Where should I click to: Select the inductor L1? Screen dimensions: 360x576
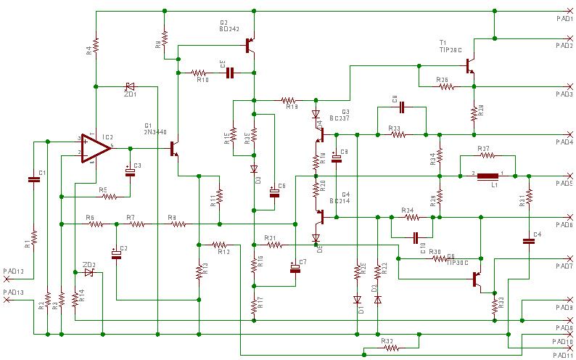[x=487, y=175]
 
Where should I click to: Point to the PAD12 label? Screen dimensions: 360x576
[x=14, y=271]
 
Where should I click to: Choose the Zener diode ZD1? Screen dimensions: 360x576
[x=130, y=86]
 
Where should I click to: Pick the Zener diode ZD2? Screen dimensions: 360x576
[x=89, y=273]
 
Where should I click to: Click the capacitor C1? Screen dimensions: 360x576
[x=33, y=179]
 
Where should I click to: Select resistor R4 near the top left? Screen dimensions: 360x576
[x=95, y=45]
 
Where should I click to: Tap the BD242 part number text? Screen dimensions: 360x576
[x=229, y=30]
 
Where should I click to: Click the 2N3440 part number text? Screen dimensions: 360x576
[x=156, y=132]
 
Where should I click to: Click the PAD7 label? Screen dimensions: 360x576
[x=564, y=266]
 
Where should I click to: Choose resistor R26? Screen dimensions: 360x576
[x=445, y=86]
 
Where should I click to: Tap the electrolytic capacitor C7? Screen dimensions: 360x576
[x=295, y=269]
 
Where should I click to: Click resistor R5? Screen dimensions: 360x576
[x=110, y=196]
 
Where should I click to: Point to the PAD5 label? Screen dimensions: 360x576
[x=564, y=184]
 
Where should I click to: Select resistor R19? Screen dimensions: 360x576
[x=289, y=100]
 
